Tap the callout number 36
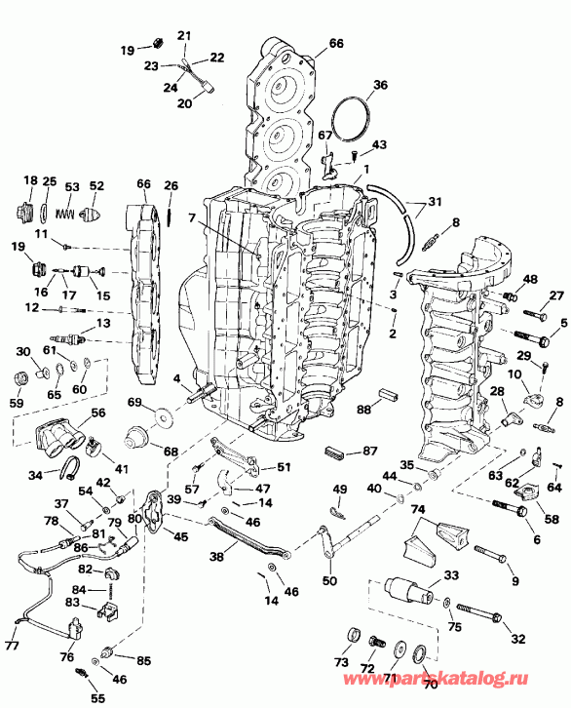click(x=380, y=84)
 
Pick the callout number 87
click(x=370, y=451)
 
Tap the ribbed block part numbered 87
click(x=336, y=452)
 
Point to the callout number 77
click(x=11, y=645)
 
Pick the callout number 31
click(x=434, y=202)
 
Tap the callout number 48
click(x=529, y=279)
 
